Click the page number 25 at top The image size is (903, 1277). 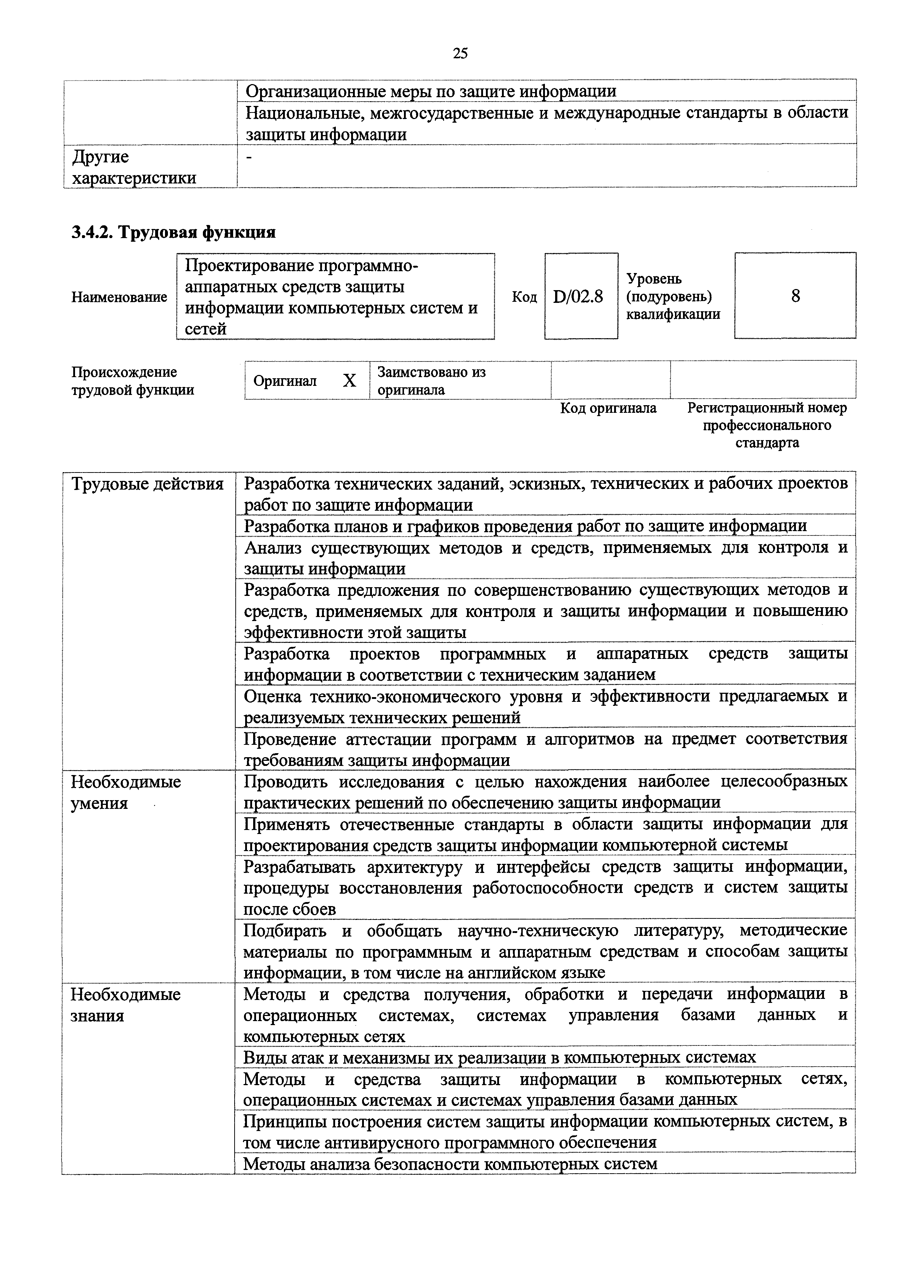[x=460, y=54]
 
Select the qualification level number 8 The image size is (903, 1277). [x=795, y=296]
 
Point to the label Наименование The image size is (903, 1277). [x=119, y=297]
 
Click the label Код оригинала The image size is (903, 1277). [x=608, y=408]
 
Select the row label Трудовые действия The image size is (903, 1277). [x=148, y=485]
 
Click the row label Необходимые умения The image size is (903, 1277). [x=126, y=792]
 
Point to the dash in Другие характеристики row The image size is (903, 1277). [x=249, y=158]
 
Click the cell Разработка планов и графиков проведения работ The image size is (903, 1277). [x=525, y=526]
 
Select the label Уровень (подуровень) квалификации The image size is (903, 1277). [x=673, y=296]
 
